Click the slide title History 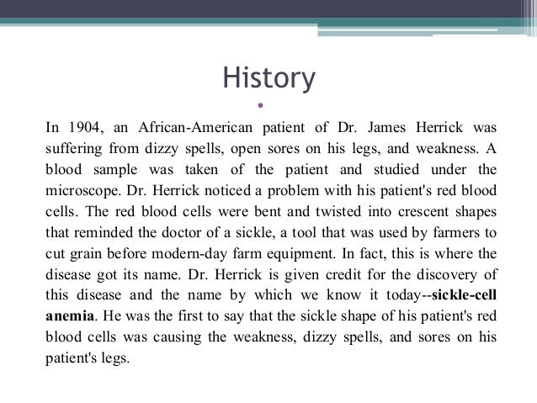coord(268,78)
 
